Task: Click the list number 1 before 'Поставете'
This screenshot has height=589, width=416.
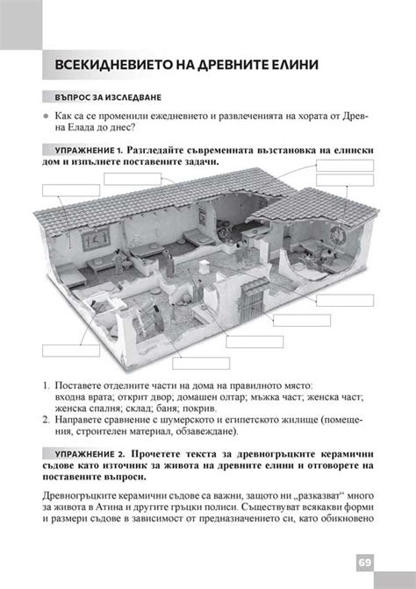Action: (x=45, y=386)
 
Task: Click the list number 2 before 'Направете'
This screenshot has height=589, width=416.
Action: (x=45, y=419)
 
